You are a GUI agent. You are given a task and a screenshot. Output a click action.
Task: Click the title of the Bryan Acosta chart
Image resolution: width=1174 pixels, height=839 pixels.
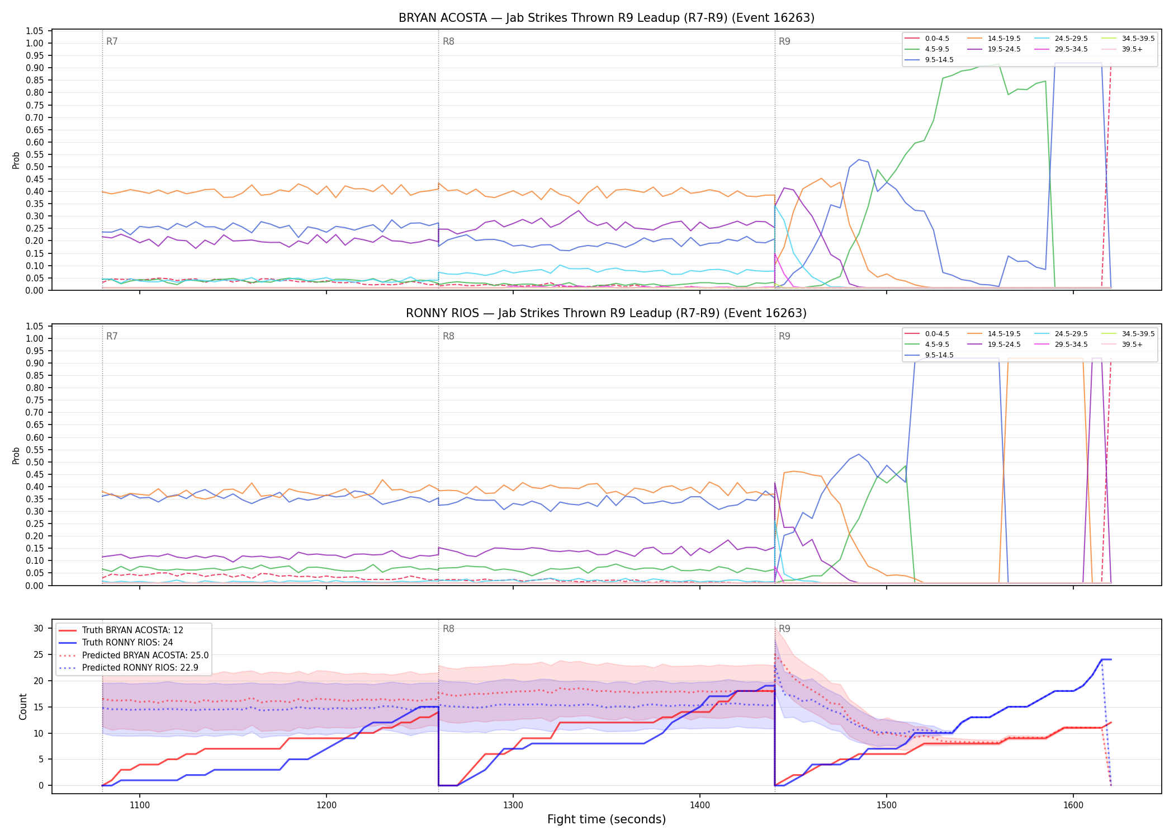pyautogui.click(x=607, y=18)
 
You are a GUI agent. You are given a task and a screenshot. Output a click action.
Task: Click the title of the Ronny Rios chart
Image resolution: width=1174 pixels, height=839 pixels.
pyautogui.click(x=607, y=313)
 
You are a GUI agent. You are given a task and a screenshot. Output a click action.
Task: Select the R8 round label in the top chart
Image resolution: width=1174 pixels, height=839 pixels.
pyautogui.click(x=448, y=41)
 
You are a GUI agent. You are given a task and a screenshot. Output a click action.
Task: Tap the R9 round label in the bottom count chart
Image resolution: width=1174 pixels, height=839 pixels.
pyautogui.click(x=784, y=629)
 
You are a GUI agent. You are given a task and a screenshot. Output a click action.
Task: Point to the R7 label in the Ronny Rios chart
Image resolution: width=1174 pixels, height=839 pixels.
pyautogui.click(x=112, y=336)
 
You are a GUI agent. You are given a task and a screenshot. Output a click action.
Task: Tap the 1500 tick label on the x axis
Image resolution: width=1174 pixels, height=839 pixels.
pyautogui.click(x=887, y=805)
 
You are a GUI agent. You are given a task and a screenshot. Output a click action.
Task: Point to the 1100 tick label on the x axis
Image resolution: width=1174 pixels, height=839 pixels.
pyautogui.click(x=140, y=805)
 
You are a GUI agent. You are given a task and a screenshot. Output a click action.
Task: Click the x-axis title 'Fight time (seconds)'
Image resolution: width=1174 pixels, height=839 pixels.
pyautogui.click(x=607, y=819)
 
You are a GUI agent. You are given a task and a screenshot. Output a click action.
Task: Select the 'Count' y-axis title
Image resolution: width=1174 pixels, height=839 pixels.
pyautogui.click(x=23, y=706)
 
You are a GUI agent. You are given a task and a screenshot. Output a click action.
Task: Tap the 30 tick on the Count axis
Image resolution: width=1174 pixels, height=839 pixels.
pyautogui.click(x=39, y=628)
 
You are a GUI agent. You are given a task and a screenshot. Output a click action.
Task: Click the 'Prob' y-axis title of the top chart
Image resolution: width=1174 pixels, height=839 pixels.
pyautogui.click(x=16, y=160)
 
